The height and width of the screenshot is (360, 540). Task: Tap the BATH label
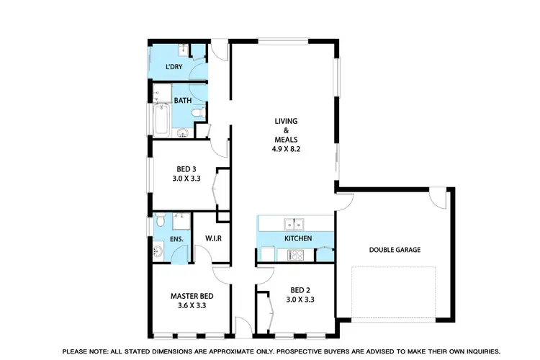pyautogui.click(x=181, y=101)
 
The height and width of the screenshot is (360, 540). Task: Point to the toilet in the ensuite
pyautogui.click(x=160, y=219)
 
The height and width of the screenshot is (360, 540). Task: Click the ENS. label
pyautogui.click(x=176, y=239)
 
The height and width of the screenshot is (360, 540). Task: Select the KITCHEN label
pyautogui.click(x=297, y=238)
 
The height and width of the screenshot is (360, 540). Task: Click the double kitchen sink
pyautogui.click(x=292, y=222)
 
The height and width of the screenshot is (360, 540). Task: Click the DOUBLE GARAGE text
pyautogui.click(x=395, y=250)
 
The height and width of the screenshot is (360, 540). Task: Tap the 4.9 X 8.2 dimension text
pyautogui.click(x=286, y=149)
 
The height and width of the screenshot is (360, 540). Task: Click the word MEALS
pyautogui.click(x=286, y=140)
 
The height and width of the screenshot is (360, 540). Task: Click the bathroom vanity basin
pyautogui.click(x=183, y=132)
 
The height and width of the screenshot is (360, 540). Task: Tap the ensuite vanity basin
pyautogui.click(x=158, y=251)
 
